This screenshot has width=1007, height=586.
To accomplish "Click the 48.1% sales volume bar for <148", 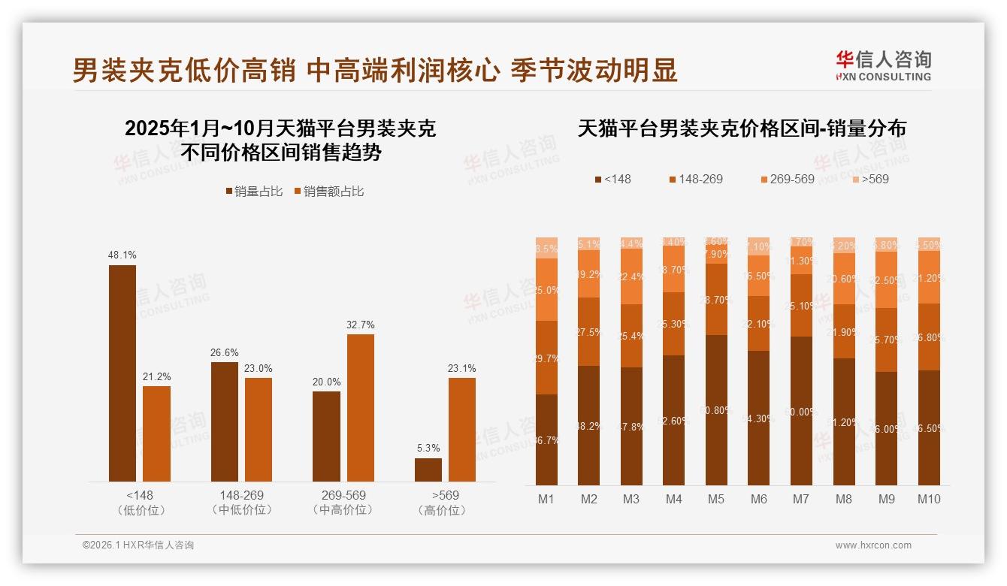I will pyautogui.click(x=122, y=373).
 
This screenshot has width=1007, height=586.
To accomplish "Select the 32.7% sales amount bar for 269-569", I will pyautogui.click(x=360, y=407).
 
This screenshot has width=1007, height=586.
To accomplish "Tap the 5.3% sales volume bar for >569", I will pyautogui.click(x=428, y=470).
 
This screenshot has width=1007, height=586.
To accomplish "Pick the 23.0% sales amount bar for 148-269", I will pyautogui.click(x=259, y=429).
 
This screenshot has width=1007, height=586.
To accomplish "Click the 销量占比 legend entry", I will pyautogui.click(x=254, y=192).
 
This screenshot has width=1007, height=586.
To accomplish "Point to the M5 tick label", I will pyautogui.click(x=716, y=499).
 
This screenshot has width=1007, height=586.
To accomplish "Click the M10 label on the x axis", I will pyautogui.click(x=929, y=499).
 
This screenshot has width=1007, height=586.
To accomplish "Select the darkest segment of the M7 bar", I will pyautogui.click(x=801, y=411).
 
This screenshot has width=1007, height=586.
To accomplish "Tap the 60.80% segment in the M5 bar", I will pyautogui.click(x=716, y=409).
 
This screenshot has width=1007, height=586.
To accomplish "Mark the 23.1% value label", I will pyautogui.click(x=462, y=368).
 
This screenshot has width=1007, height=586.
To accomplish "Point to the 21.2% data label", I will pyautogui.click(x=156, y=376).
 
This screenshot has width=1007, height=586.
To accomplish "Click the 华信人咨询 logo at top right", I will pyautogui.click(x=883, y=65).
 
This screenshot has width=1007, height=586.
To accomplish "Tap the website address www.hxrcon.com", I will pyautogui.click(x=873, y=545).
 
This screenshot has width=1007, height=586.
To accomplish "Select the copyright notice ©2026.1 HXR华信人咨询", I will pyautogui.click(x=138, y=545).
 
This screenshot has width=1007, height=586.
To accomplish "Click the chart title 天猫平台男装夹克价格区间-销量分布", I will pyautogui.click(x=742, y=128).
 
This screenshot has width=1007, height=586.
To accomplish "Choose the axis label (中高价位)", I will pyautogui.click(x=343, y=510).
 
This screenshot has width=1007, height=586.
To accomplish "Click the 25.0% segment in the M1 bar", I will pyautogui.click(x=546, y=289).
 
